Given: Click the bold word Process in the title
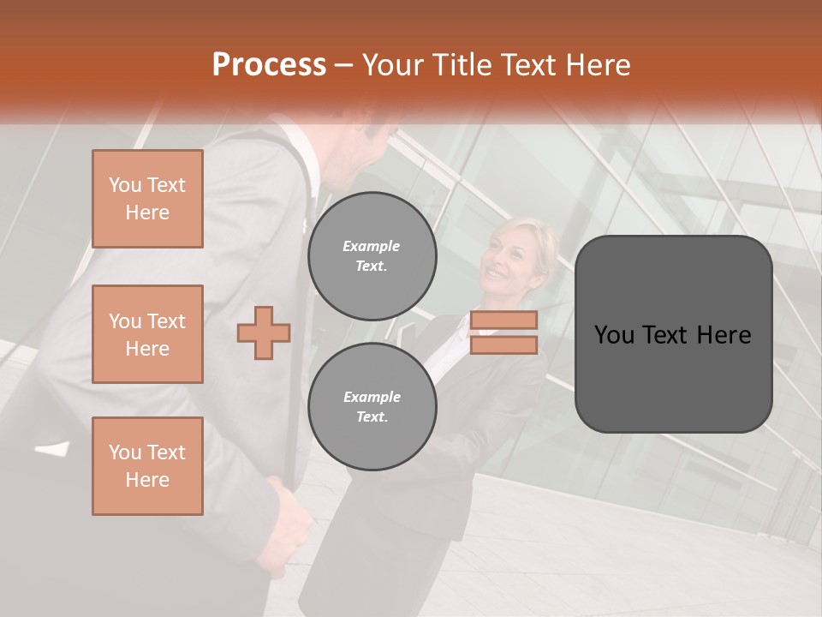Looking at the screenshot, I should [x=269, y=65].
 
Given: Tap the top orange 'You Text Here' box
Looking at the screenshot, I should [x=147, y=199].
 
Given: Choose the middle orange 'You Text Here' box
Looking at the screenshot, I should [x=147, y=334].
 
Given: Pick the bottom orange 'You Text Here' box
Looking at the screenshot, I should [x=147, y=466].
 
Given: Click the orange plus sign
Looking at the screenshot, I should [x=264, y=332].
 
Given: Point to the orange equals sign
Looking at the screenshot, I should [x=503, y=332].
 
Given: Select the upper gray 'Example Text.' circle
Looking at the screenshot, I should [x=372, y=256].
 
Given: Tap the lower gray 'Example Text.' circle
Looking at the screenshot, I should [x=372, y=407].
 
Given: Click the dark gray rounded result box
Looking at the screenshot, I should [x=673, y=334].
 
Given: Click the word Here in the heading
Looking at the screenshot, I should [x=599, y=65].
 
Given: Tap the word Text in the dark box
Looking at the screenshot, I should [x=673, y=335].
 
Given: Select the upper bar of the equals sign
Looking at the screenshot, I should [x=503, y=320].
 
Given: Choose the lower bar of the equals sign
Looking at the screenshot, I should [x=503, y=344].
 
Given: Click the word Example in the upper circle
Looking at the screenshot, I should [x=372, y=246].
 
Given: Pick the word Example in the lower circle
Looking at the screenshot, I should [x=372, y=397].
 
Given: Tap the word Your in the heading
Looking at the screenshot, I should [x=392, y=65].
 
